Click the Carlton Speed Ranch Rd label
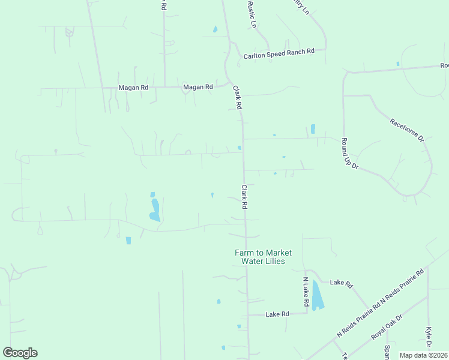279,55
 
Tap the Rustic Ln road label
252,14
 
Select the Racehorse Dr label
407,130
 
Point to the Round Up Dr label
349,154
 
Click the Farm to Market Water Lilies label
259,257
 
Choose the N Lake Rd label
305,292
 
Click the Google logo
20,353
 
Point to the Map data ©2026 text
423,355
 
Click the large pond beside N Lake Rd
316,295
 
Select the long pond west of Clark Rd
155,209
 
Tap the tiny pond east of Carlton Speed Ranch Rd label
397,64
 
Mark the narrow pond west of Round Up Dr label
313,129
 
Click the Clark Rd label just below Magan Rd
237,97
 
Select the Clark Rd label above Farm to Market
245,196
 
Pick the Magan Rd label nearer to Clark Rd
198,87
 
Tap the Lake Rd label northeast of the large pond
341,283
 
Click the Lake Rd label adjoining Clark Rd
277,314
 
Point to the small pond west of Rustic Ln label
214,29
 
